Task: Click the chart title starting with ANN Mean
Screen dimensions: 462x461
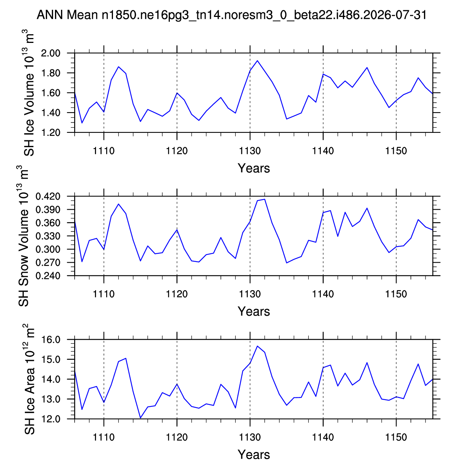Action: coord(232,15)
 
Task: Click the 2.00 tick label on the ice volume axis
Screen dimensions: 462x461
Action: coord(50,53)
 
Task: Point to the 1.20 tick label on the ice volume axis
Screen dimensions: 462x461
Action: coord(50,132)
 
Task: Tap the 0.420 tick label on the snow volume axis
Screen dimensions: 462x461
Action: coord(48,196)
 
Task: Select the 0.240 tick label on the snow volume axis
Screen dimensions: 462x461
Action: coord(48,276)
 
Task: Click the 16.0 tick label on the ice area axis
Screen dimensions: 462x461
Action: coord(50,340)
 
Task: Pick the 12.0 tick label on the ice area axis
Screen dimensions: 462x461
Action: coord(50,419)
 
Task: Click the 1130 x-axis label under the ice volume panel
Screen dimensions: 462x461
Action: coord(250,151)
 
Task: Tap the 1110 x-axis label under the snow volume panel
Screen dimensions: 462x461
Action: coord(104,294)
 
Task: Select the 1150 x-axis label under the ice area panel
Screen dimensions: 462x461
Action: coord(396,437)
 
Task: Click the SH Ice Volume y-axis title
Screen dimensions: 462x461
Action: coord(29,93)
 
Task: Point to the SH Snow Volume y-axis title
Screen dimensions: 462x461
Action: coord(23,236)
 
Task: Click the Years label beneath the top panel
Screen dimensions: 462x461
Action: coord(254,168)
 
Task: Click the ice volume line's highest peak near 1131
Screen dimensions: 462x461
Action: coord(257,61)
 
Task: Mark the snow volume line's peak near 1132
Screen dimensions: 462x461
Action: coord(264,199)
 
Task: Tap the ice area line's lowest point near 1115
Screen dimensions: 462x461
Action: coord(140,418)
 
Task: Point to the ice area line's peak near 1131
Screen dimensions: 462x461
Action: coord(257,346)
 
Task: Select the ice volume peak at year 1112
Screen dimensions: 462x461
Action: coord(119,67)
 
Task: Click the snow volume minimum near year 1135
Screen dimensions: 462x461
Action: coord(287,263)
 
